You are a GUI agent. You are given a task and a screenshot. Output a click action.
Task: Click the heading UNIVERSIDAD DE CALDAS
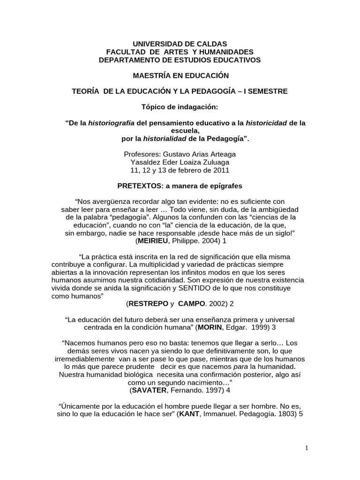pos(180,44)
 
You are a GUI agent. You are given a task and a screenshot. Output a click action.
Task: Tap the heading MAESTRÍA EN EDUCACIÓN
pos(180,75)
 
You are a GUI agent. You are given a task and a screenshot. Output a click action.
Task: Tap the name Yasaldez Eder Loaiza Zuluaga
pos(180,162)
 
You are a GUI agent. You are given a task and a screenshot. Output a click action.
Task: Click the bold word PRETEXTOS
pos(139,186)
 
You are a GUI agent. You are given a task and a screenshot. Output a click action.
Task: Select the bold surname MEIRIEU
pos(155,241)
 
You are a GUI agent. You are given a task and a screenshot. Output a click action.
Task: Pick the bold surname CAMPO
pos(191,304)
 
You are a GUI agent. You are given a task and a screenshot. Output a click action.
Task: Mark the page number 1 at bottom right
pos(307,448)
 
